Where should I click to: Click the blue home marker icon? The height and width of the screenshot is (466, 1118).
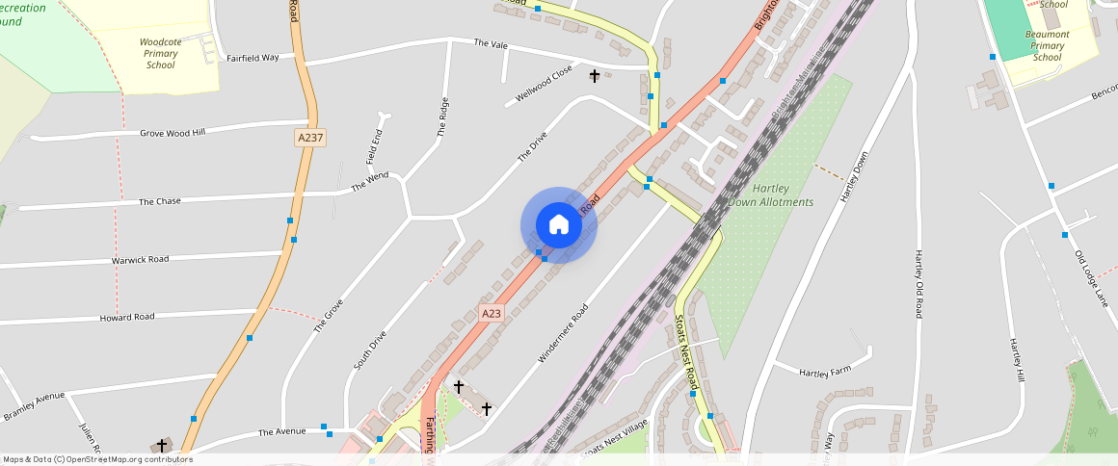coord(559,225)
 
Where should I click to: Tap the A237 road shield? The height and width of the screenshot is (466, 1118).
coord(310,138)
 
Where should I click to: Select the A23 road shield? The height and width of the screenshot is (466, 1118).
coord(492,313)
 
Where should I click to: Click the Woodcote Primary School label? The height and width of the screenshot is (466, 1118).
coord(160,54)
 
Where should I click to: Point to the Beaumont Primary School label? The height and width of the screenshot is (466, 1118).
coord(1048,45)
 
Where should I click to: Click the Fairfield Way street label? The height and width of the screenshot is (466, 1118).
coord(253,58)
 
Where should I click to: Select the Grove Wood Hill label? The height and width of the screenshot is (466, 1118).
coord(173,133)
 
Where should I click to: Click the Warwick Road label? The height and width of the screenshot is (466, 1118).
coord(140,260)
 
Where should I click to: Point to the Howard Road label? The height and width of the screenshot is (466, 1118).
coord(127,317)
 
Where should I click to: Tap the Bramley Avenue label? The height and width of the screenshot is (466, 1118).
coord(34,406)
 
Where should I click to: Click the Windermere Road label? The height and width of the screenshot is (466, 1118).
coord(563,332)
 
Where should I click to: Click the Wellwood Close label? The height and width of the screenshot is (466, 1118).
coord(545,83)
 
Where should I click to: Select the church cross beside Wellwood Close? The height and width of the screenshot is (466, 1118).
coord(595,75)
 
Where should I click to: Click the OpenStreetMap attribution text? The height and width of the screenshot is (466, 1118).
coord(96,459)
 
